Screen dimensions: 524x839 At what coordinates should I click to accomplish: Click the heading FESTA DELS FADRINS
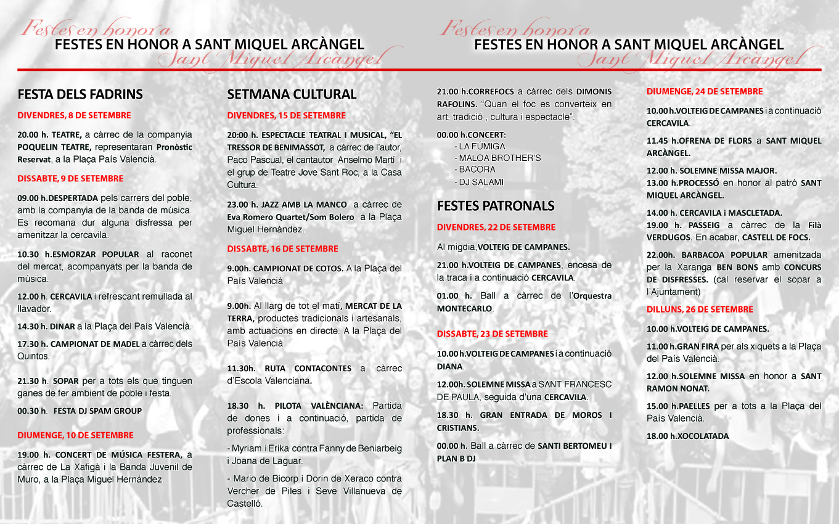point(80,94)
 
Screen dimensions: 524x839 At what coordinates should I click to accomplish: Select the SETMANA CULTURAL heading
point(292,94)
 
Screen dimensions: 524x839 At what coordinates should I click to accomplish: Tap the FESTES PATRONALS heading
point(496,206)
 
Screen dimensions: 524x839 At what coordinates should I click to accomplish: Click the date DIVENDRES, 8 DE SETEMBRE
point(74,115)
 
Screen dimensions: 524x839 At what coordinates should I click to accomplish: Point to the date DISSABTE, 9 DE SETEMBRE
point(70,179)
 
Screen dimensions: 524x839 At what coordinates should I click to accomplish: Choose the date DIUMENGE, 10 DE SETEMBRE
point(75,435)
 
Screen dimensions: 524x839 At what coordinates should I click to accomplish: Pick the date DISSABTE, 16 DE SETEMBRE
point(282,249)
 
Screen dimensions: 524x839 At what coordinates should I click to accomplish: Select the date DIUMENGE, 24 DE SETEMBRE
point(705,92)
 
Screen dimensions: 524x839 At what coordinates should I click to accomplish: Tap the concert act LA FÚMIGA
point(481,147)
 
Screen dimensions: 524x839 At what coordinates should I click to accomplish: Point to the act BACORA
point(477,170)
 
